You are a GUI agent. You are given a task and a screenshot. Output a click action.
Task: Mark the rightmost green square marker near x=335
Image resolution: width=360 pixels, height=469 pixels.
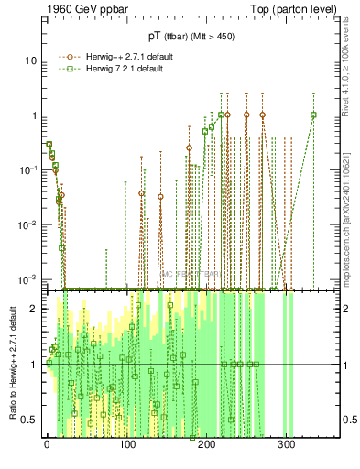pyautogui.click(x=313, y=115)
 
